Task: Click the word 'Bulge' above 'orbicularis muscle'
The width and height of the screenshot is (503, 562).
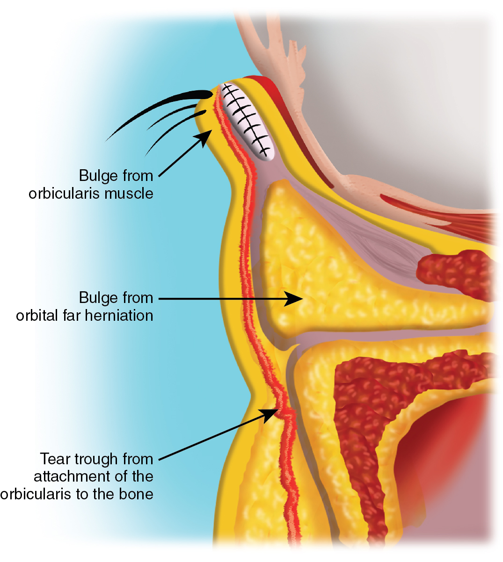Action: click(x=97, y=176)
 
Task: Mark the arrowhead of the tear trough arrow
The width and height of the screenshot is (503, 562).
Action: click(x=271, y=413)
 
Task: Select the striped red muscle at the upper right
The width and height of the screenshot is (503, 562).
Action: click(x=445, y=213)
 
